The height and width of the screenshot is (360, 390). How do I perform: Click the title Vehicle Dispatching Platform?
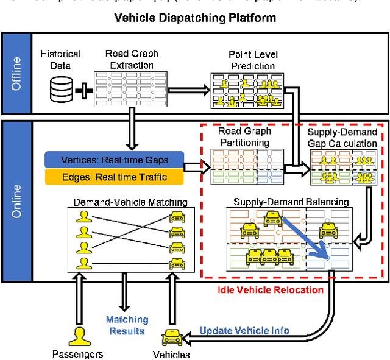[x=195, y=18]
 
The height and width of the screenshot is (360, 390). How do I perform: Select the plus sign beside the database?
[x=83, y=91]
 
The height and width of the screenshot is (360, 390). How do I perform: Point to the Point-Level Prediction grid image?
[x=251, y=90]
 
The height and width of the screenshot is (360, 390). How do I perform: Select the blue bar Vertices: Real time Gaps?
[x=115, y=160]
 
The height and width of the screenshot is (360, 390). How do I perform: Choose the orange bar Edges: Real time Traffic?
[x=115, y=177]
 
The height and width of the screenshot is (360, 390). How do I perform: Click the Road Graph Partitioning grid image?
[x=243, y=166]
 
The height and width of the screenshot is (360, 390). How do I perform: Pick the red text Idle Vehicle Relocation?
[x=270, y=290]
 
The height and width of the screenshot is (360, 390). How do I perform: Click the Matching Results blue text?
[x=127, y=325]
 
